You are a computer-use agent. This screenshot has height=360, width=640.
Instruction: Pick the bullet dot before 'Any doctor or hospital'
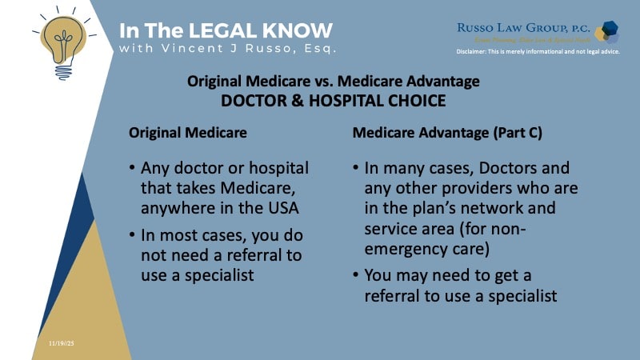pos(130,168)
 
